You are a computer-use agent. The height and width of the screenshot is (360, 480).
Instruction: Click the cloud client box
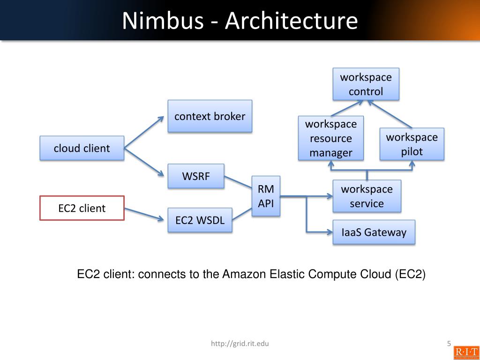tap(82, 148)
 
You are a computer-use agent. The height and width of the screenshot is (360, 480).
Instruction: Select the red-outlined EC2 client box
tap(82, 208)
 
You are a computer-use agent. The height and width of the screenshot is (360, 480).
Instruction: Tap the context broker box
tap(210, 116)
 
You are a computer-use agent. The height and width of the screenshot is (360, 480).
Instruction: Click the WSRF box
tap(196, 176)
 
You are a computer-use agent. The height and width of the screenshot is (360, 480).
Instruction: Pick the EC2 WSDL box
tap(200, 220)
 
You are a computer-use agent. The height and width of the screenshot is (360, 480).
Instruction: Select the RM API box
tap(266, 196)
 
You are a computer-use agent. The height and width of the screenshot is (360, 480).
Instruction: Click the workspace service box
tap(367, 196)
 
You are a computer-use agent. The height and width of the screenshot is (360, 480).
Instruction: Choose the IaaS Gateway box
tap(374, 232)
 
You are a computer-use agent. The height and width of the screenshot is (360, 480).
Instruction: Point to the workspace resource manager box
tap(331, 138)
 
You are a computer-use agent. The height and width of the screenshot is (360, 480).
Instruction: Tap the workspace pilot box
tap(412, 144)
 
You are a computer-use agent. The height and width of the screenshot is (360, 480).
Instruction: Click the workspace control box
tap(366, 84)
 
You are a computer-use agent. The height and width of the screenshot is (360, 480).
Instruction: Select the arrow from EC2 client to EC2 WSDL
tap(146, 214)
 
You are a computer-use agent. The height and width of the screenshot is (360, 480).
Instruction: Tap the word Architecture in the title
tap(291, 21)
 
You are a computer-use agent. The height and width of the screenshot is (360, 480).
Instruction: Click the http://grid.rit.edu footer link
tap(240, 344)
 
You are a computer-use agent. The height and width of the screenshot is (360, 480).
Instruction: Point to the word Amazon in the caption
tap(245, 274)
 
